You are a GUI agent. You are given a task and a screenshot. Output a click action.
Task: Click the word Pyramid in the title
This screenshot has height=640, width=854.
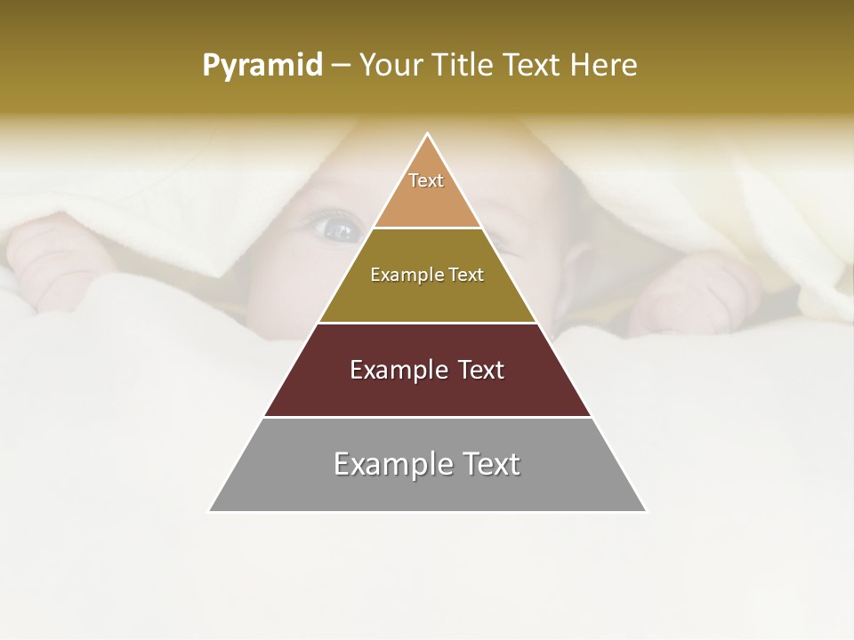262,66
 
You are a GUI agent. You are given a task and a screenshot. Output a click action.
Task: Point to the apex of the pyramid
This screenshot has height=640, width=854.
428,134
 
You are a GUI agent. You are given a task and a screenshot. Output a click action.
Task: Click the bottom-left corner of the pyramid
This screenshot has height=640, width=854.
210,511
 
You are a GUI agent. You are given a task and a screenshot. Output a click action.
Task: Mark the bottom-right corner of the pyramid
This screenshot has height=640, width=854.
646,511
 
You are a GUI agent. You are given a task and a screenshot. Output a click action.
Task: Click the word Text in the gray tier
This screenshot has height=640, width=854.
488,465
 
